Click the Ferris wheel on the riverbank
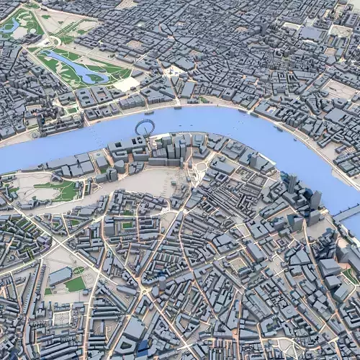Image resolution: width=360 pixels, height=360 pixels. [x=144, y=128]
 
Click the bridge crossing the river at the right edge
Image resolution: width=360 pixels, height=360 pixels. [x=347, y=212]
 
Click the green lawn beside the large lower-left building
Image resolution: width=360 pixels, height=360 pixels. [x=75, y=284]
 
